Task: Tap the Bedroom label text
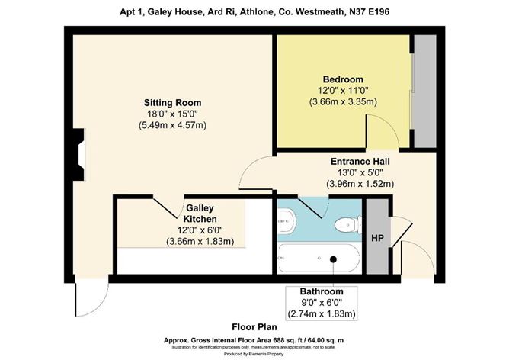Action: tap(343, 79)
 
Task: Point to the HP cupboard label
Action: tap(376, 239)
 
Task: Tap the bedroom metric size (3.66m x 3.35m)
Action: tap(343, 102)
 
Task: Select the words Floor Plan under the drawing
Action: tap(254, 325)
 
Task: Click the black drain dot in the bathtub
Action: tap(333, 259)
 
